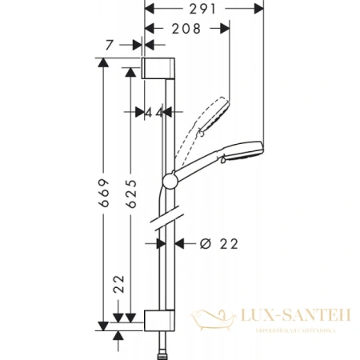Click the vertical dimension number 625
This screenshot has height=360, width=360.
coord(131,190)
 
